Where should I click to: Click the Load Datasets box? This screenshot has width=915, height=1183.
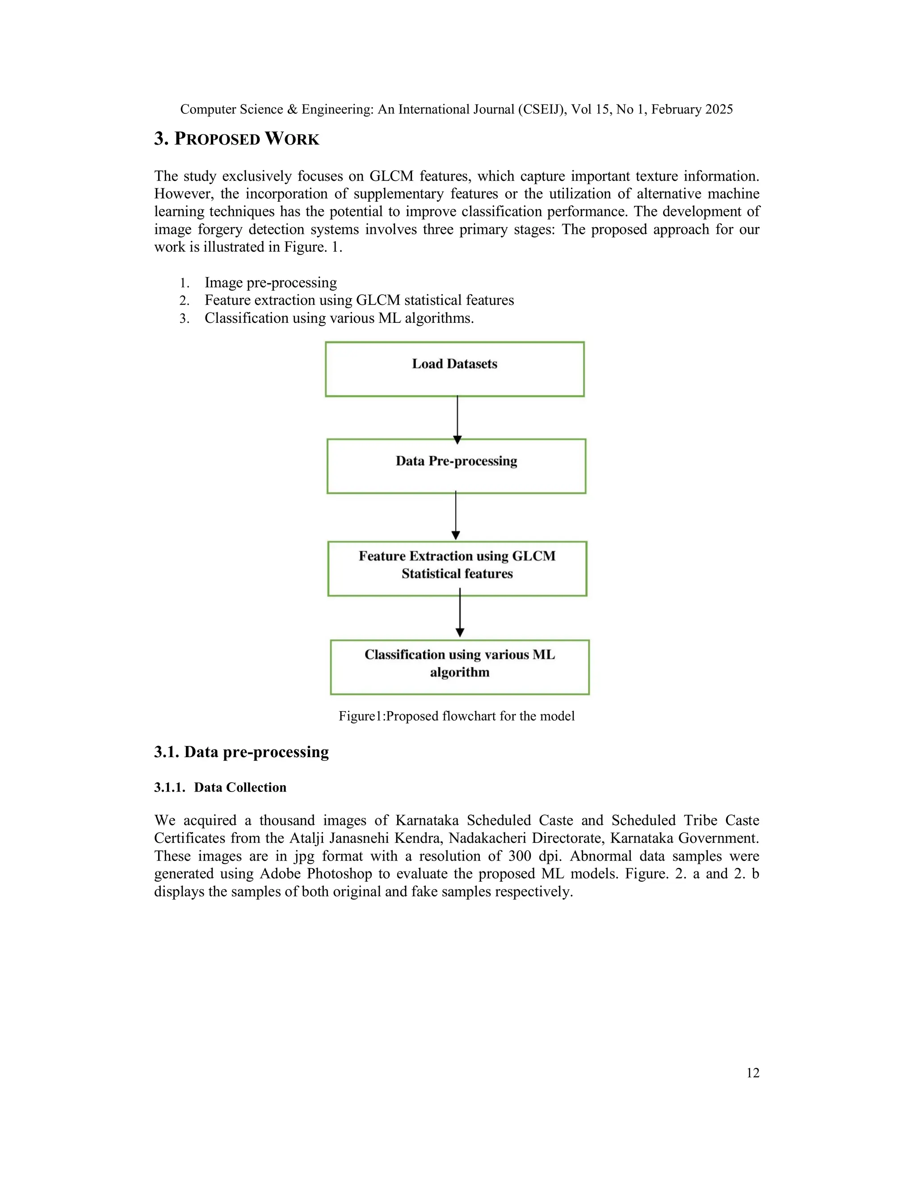pos(454,369)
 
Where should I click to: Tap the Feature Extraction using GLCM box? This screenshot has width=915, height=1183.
pos(457,568)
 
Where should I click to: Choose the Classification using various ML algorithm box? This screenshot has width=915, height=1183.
pos(459,667)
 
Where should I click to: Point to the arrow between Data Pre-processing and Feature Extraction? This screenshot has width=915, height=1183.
pos(455,516)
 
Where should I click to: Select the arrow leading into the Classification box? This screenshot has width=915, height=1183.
pos(460,615)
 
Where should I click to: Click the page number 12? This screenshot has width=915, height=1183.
pos(752,1072)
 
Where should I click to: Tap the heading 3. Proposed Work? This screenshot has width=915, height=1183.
pos(236,139)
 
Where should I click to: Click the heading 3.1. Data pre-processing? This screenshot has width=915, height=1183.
pos(241,752)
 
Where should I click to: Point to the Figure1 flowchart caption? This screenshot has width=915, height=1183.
pos(457,716)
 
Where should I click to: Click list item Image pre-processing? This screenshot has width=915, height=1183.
pos(270,283)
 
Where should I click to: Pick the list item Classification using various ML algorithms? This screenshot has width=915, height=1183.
pos(339,318)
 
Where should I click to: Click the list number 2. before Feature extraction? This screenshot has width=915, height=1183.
pos(185,300)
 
